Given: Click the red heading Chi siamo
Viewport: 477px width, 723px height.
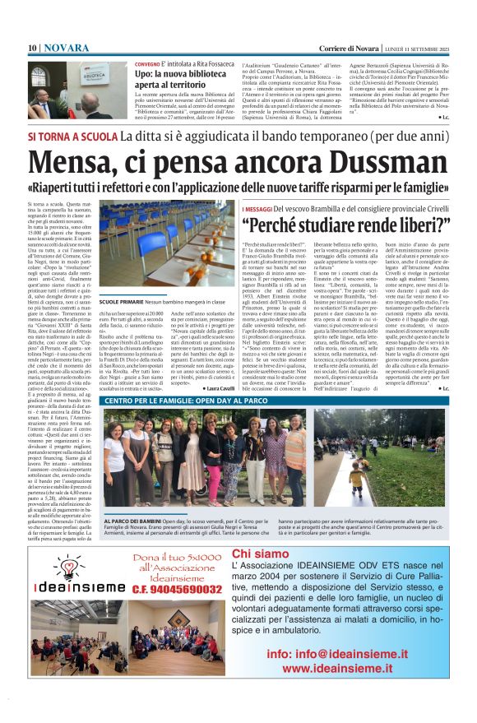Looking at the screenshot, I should (259, 554).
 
